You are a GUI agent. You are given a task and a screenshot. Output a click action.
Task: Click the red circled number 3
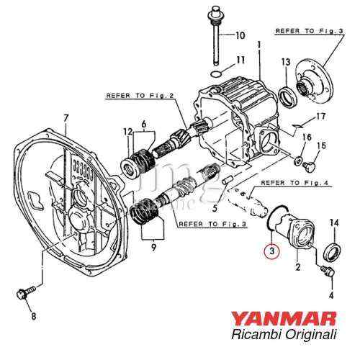[x=271, y=251]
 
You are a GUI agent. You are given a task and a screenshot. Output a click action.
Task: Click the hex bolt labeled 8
[x=22, y=294]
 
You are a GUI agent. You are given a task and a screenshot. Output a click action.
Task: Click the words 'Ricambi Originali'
[x=294, y=336]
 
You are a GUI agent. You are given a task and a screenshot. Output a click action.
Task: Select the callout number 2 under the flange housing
[x=297, y=268]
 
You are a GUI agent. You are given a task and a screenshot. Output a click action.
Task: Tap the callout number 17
[x=320, y=115]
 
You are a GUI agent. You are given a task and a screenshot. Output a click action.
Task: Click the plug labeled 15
[x=311, y=167]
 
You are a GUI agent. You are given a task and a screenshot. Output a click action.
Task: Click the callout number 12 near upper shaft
[x=128, y=131]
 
